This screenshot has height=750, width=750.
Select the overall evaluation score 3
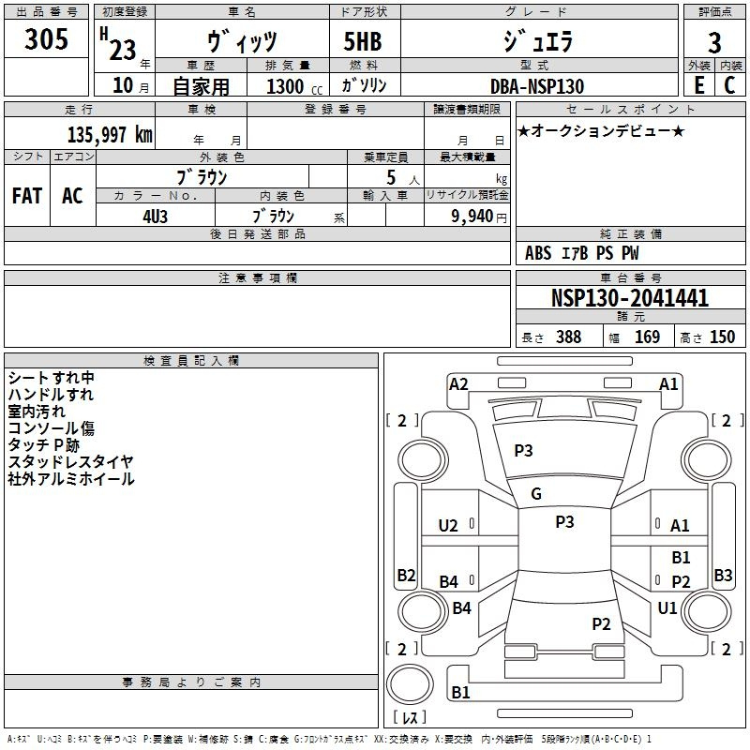714,43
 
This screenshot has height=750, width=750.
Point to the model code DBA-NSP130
537,86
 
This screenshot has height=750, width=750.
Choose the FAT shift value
27,196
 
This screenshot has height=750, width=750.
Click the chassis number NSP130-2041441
630,299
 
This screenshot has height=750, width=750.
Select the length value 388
568,337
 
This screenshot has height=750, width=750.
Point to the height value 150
722,337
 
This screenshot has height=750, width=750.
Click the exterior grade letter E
698,85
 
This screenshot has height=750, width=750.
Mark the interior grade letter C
728,85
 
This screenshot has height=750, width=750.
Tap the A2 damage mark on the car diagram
458,383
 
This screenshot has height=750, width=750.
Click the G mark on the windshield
536,494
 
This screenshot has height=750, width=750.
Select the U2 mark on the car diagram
448,526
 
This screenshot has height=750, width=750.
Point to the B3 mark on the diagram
723,575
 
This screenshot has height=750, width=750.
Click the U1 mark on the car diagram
667,607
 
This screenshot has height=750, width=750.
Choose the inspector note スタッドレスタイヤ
71,461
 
